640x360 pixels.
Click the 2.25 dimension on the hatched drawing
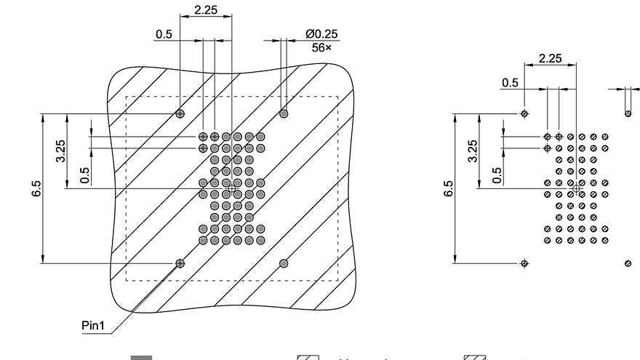point(204,11)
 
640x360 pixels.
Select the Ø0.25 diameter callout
point(321,33)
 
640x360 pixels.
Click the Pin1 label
point(94,326)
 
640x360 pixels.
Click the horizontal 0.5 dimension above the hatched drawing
point(164,34)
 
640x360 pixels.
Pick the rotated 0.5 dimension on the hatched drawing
point(85,175)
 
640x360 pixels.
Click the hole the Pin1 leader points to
point(180,263)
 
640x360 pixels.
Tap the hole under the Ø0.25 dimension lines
point(284,113)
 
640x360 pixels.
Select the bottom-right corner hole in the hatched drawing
point(284,263)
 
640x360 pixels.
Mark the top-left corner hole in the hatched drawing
point(180,113)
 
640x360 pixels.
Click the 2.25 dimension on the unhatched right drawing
point(550,58)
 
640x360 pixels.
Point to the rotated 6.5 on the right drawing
point(449,188)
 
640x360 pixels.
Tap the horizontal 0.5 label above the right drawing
point(511,83)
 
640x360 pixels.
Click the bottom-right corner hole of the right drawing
point(628,263)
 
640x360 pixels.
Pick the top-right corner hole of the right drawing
point(628,113)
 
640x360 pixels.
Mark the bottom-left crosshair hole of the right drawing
point(524,263)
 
